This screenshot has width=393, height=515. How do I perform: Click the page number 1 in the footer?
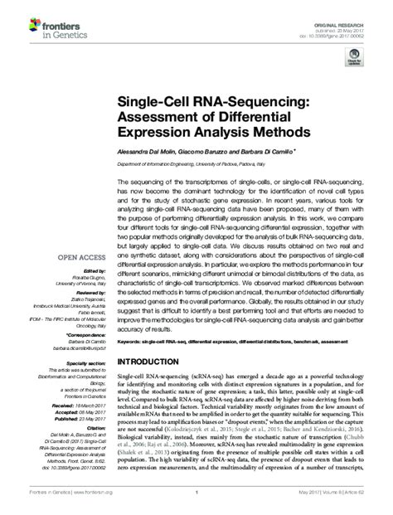click(196, 501)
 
